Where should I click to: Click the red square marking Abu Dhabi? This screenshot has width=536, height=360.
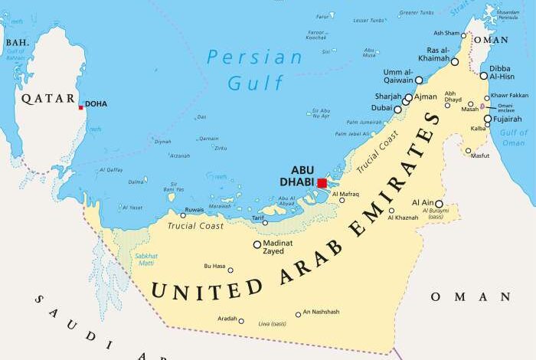click(x=322, y=183)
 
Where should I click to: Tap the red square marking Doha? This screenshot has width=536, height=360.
click(x=80, y=107)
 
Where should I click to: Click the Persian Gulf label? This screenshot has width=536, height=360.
click(x=245, y=69)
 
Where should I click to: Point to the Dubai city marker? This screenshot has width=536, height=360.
click(x=397, y=110)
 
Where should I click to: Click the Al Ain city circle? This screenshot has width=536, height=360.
click(x=439, y=205)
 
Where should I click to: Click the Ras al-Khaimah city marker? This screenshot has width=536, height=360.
click(x=455, y=62)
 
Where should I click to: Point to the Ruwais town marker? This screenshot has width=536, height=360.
click(x=182, y=214)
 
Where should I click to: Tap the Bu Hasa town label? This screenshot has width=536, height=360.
click(x=214, y=266)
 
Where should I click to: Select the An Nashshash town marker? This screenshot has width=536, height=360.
click(x=298, y=314)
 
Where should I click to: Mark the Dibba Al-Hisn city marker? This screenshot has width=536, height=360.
click(x=484, y=75)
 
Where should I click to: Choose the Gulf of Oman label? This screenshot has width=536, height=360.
click(x=513, y=138)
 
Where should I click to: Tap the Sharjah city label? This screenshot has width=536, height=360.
click(x=387, y=97)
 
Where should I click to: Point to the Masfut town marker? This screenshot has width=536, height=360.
click(x=469, y=150)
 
